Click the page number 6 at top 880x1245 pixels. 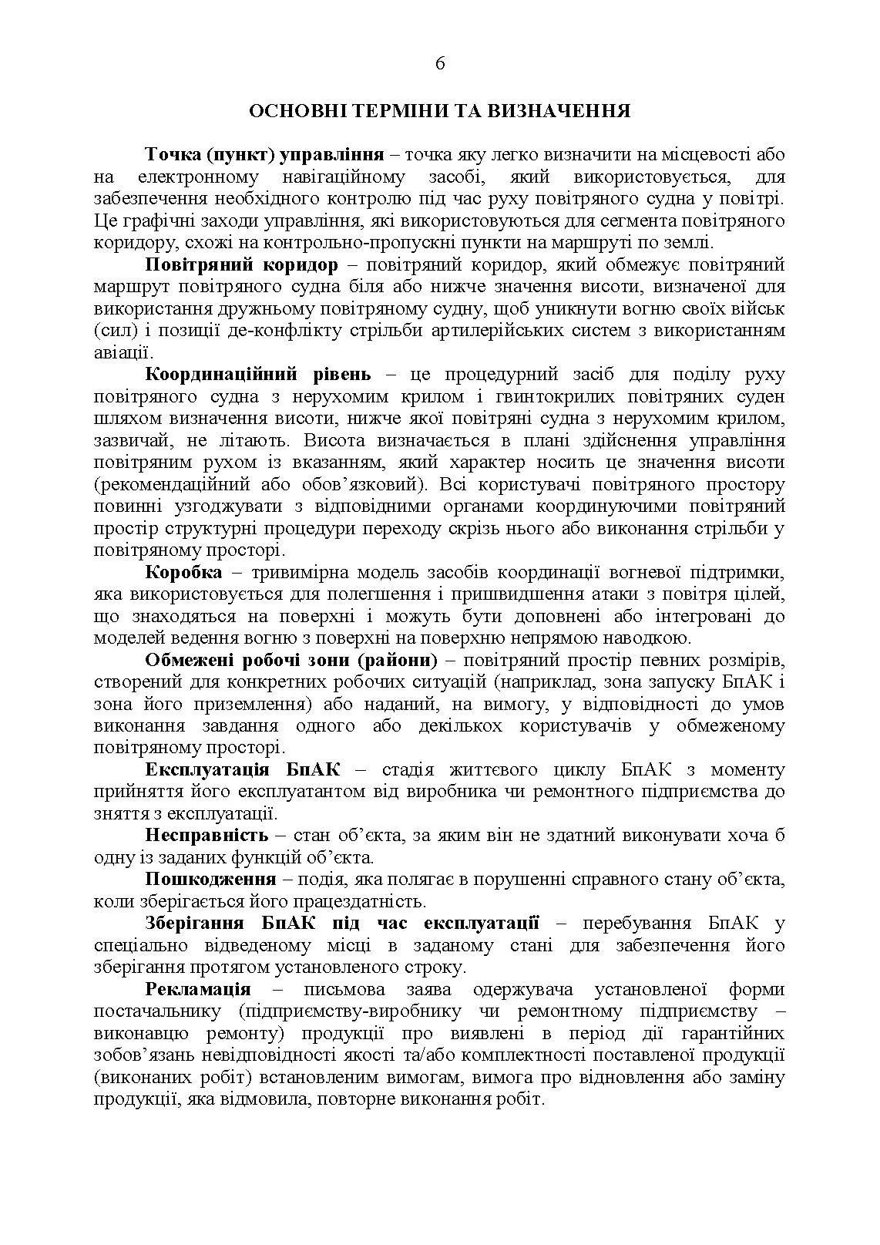pyautogui.click(x=440, y=64)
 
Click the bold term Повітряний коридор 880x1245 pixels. pyautogui.click(x=241, y=265)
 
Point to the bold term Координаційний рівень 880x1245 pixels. pyautogui.click(x=258, y=375)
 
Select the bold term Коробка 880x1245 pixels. pyautogui.click(x=183, y=573)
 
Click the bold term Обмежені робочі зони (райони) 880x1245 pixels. pyautogui.click(x=291, y=661)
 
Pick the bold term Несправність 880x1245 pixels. pyautogui.click(x=207, y=836)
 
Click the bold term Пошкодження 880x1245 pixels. pyautogui.click(x=210, y=880)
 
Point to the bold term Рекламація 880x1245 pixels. pyautogui.click(x=198, y=989)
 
